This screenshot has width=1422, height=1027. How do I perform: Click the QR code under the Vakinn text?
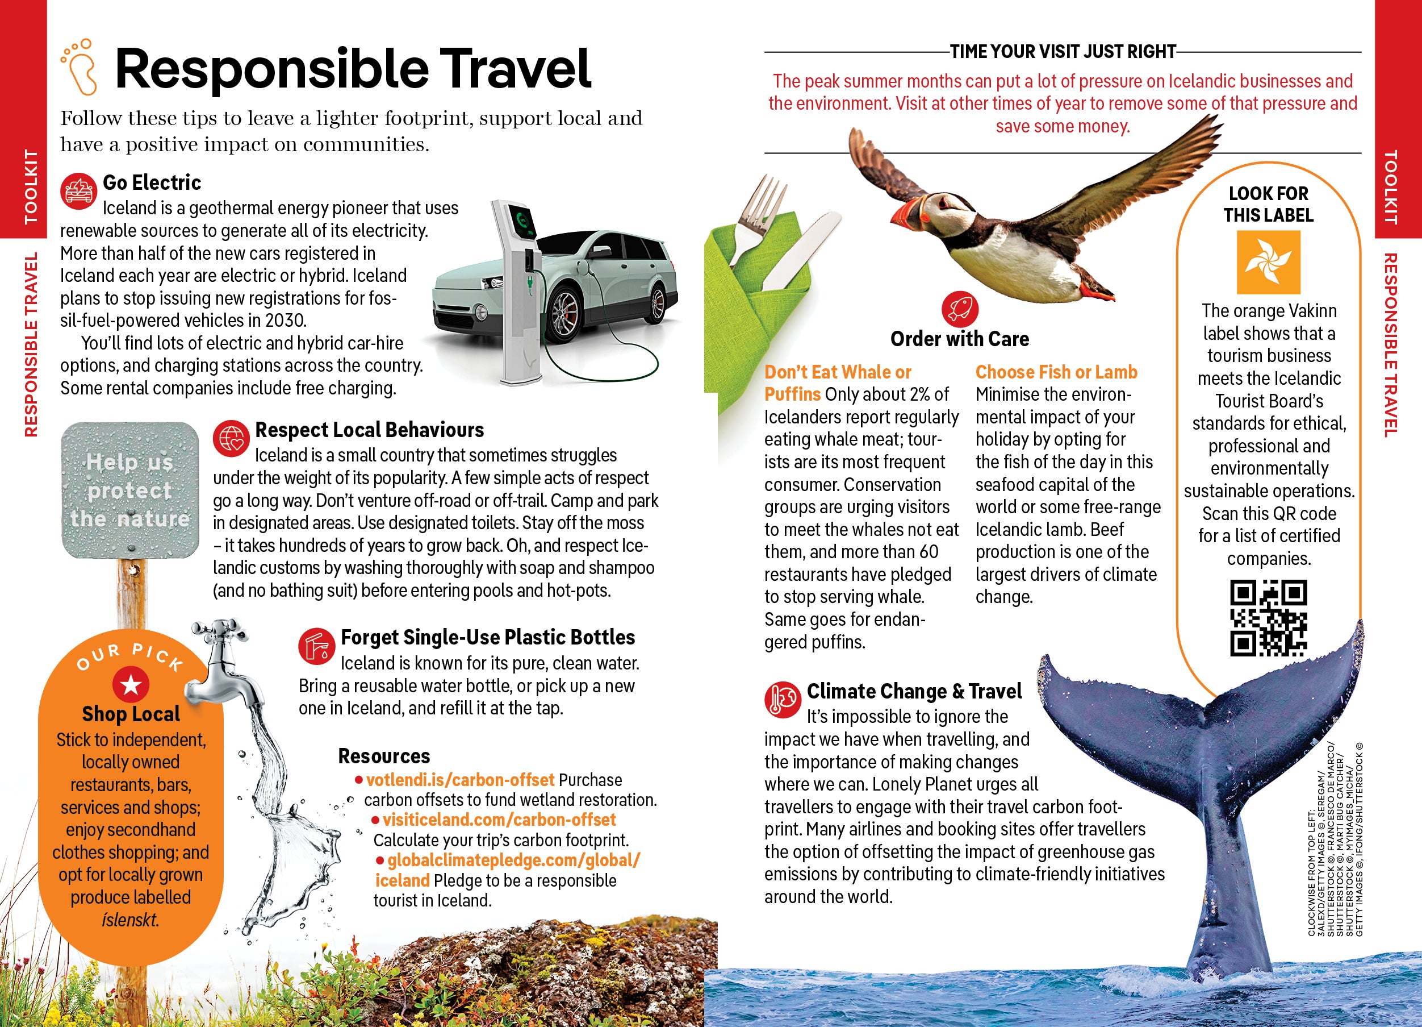tap(1269, 618)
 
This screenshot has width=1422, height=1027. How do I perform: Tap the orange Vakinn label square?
tap(1269, 262)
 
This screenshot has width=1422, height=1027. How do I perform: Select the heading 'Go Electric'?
tap(152, 182)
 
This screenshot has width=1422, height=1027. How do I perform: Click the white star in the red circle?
tap(131, 684)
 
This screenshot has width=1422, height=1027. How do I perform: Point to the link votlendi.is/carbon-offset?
tap(460, 780)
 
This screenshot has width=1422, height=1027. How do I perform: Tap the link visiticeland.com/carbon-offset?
tap(499, 820)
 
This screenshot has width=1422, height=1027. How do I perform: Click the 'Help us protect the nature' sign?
tap(130, 490)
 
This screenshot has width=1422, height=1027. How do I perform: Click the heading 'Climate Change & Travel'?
tap(914, 691)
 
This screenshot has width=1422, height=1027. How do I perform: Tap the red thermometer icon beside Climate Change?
tap(782, 699)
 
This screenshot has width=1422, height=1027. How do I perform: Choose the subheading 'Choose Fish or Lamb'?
tap(1056, 372)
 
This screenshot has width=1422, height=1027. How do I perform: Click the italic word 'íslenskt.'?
tap(131, 920)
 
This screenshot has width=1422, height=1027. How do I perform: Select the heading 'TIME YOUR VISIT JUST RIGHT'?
tap(1063, 52)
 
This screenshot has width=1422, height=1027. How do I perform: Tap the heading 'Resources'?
tap(384, 756)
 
